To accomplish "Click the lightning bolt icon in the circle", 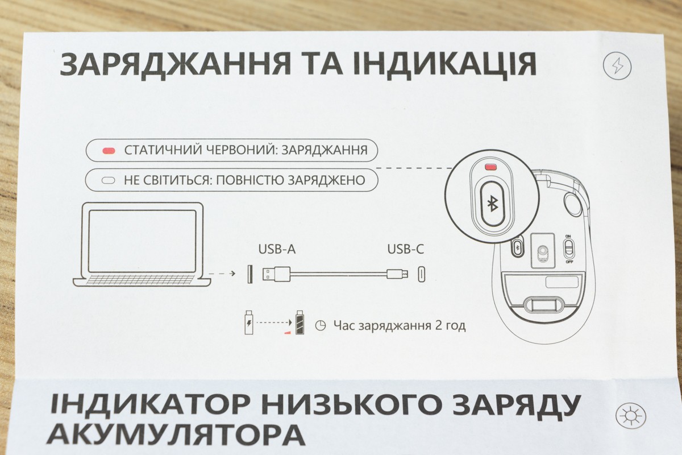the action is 617,66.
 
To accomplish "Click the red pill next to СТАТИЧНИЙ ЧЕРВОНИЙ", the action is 109,151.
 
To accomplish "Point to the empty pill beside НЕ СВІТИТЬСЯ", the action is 109,180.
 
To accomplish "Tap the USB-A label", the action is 277,249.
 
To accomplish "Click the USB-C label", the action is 406,249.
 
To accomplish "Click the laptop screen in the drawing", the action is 142,241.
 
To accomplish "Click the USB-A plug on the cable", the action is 276,274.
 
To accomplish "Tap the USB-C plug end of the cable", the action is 398,274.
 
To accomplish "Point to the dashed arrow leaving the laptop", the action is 222,274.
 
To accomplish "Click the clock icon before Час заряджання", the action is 321,326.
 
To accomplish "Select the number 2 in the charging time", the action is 439,325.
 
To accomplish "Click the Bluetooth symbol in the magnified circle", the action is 492,204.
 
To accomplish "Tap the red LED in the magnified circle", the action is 490,167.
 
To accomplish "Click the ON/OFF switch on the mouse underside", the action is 568,249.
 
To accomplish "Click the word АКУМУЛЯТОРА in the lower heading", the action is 176,435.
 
